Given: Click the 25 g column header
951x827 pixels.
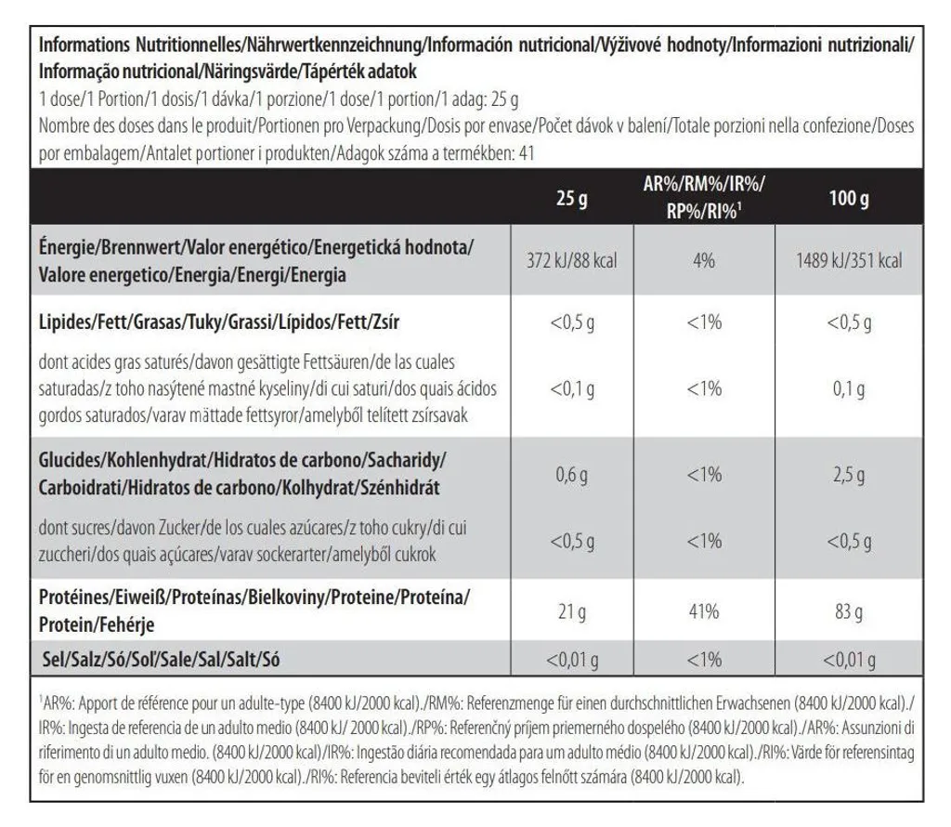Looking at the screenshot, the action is click(x=572, y=198).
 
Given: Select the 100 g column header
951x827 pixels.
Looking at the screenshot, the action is click(x=849, y=198).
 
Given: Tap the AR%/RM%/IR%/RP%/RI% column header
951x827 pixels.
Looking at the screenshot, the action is click(x=704, y=197).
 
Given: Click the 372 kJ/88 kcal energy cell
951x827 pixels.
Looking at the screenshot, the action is click(x=572, y=261).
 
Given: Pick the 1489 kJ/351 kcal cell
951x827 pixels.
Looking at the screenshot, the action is click(x=849, y=261).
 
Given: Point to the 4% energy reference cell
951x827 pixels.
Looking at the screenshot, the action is click(x=704, y=261).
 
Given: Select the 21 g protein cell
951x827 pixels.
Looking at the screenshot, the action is click(x=572, y=611).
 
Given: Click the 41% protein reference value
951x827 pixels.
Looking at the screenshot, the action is click(x=704, y=611).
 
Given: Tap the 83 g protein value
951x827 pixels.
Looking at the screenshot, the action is click(x=849, y=611).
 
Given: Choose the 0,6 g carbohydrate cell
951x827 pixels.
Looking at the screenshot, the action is click(x=572, y=475).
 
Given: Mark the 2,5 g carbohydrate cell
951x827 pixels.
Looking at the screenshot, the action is click(x=849, y=475).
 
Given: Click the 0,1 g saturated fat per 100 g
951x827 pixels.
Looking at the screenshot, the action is click(x=849, y=389).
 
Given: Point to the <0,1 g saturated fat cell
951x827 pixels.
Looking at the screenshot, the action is click(x=572, y=389).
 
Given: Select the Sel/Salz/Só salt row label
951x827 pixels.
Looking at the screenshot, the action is click(x=162, y=659).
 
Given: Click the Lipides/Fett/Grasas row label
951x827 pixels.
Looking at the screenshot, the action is click(x=219, y=322).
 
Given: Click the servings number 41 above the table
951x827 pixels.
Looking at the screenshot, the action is click(x=528, y=153).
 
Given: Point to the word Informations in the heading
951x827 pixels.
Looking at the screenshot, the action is click(x=85, y=45).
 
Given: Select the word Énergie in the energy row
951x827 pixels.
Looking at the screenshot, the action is click(x=67, y=247).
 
